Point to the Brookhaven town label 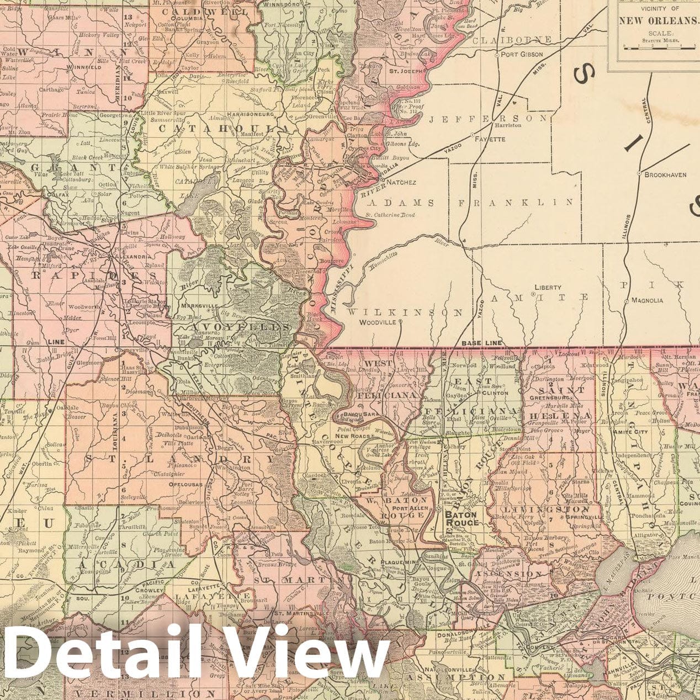(665, 174)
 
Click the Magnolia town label (647, 300)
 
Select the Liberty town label (548, 287)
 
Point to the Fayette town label (490, 139)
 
